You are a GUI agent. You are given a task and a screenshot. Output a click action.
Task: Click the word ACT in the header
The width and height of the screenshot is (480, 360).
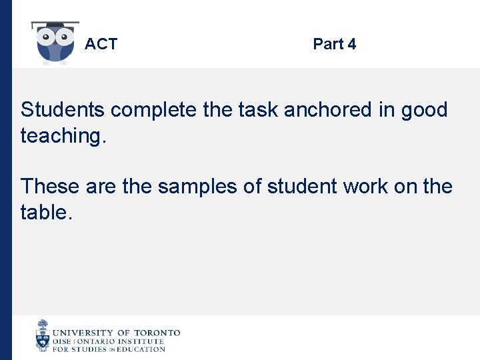pos(101,45)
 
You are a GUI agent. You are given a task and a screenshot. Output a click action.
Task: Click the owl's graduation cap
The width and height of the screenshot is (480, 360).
pos(55,25)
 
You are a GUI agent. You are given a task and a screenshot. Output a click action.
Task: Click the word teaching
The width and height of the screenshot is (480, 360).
pos(64,136)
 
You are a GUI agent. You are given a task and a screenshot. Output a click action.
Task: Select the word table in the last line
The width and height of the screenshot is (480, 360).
pos(44,213)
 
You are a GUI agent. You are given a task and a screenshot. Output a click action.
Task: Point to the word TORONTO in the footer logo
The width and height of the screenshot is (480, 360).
pos(157,333)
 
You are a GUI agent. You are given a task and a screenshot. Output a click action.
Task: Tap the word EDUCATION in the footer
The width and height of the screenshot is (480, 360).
pos(141,349)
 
